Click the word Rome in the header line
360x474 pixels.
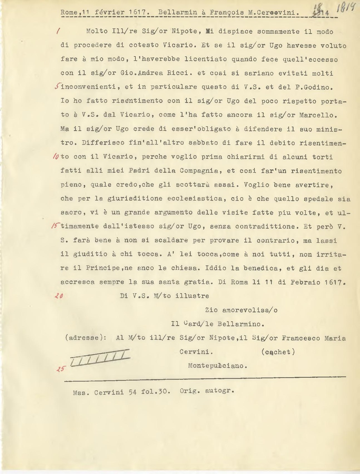pos(69,12)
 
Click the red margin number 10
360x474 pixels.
pos(56,157)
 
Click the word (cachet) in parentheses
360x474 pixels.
pos(278,352)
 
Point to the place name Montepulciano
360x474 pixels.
pos(217,366)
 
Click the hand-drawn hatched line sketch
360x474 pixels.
pos(100,358)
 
